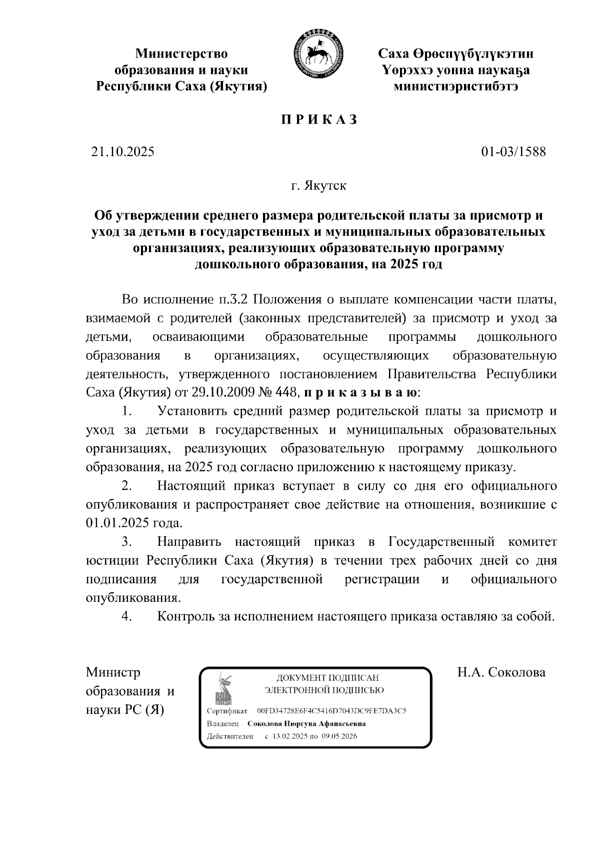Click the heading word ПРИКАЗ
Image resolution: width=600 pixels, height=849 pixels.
[x=318, y=120]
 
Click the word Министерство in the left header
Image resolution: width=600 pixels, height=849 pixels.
[x=182, y=54]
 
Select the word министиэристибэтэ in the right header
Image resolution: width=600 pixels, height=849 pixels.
[x=455, y=87]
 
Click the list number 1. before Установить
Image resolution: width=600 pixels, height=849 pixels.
[x=126, y=412]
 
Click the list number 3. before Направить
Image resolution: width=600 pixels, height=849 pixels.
[x=126, y=542]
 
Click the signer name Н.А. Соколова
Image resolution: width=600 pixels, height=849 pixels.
[x=501, y=672]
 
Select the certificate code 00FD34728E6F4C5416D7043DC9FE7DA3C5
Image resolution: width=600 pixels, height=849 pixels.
[x=331, y=710]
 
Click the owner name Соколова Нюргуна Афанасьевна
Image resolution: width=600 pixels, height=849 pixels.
[x=306, y=723]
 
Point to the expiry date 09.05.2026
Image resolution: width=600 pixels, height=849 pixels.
[x=339, y=736]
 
